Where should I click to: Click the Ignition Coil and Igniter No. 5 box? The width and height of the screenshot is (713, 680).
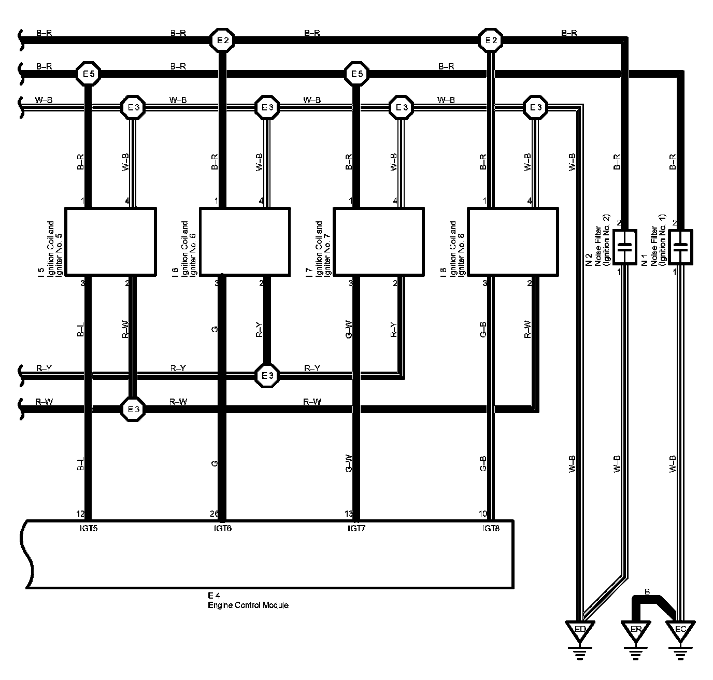point(110,241)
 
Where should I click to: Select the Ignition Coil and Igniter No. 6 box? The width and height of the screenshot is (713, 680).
point(245,241)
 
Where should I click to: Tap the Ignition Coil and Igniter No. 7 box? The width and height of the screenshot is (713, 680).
point(379,241)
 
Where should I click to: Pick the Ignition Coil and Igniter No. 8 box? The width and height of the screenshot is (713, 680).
point(513,241)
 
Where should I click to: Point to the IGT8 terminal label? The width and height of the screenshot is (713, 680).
point(490,529)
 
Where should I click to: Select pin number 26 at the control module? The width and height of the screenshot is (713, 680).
point(213,514)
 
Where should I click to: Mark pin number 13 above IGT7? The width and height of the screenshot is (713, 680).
point(348,514)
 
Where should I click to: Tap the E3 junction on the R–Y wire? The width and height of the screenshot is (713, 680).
point(267,375)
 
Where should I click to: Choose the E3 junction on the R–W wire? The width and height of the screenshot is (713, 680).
point(133,409)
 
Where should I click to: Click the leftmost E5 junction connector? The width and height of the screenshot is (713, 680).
point(88,74)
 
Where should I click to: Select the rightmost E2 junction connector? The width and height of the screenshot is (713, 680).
point(490,40)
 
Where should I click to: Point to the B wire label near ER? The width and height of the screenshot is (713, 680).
point(647,591)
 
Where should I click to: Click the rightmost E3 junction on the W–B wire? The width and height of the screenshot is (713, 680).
point(535,108)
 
